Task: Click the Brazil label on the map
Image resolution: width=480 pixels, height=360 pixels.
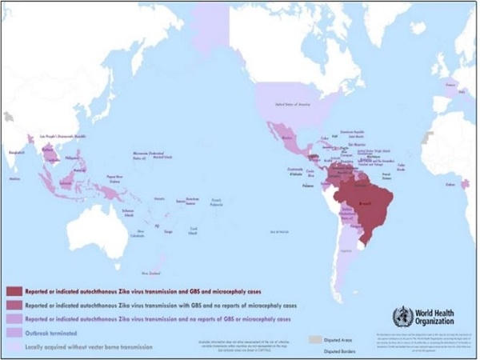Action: (365, 204)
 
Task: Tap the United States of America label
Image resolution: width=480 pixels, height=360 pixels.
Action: (292, 104)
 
